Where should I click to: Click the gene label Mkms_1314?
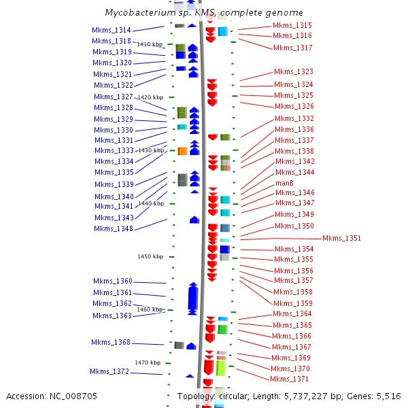112,30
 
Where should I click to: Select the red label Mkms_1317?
292,48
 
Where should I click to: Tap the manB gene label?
284,183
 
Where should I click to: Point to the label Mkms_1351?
341,238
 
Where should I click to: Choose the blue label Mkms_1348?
114,228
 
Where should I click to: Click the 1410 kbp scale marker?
150,44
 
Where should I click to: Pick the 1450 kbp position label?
150,256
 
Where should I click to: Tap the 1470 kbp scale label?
148,362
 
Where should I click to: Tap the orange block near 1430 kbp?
182,151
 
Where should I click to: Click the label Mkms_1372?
109,371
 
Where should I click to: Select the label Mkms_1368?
111,342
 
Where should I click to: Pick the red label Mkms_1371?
289,379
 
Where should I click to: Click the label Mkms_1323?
294,71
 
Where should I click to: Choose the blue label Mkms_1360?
113,281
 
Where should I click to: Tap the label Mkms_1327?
114,97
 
